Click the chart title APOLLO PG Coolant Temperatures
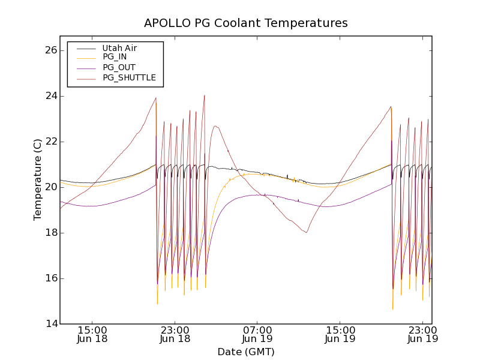[x=246, y=23]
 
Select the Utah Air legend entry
[x=119, y=48]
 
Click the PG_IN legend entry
[x=115, y=57]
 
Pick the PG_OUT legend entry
[x=119, y=67]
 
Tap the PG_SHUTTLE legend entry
[x=129, y=77]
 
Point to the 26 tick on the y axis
[x=51, y=50]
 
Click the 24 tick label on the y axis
[x=51, y=96]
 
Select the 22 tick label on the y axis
[x=51, y=142]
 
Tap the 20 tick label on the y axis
[x=51, y=187]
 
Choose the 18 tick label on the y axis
[x=51, y=233]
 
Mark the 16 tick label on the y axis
[x=51, y=278]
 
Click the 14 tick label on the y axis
[x=51, y=324]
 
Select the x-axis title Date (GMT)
[x=246, y=352]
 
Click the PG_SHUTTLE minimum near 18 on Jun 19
[x=307, y=232]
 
